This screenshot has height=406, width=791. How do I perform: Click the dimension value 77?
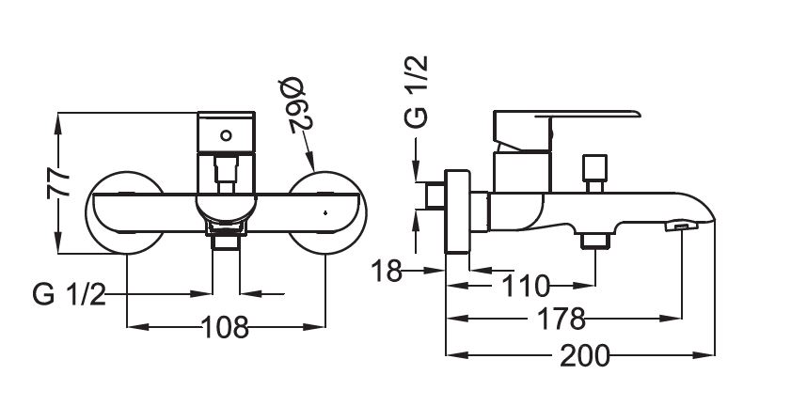point(58,182)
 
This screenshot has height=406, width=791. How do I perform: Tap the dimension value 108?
point(225,327)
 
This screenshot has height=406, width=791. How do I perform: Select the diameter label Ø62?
point(300,105)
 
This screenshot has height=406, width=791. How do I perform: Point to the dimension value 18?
point(387,272)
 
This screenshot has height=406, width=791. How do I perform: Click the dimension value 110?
point(525,286)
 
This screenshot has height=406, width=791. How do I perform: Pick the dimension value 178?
point(561,319)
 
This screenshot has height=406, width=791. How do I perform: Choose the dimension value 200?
point(585,355)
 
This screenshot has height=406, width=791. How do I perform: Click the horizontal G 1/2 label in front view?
point(69,294)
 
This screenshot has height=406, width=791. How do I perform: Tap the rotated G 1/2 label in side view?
point(417,91)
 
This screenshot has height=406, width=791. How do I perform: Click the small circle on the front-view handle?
point(226,135)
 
